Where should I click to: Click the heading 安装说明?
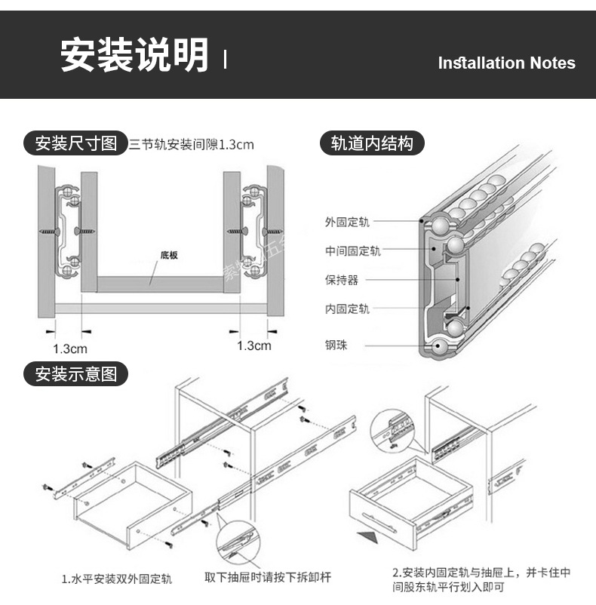[134, 55]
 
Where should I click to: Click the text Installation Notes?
[506, 63]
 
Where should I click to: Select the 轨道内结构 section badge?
[373, 143]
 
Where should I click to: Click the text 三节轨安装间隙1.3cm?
[191, 144]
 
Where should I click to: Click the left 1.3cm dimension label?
[69, 349]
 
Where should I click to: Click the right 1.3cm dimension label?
[253, 345]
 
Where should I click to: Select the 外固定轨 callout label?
[347, 223]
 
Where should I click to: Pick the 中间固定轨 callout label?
[352, 251]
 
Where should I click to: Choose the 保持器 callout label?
[342, 280]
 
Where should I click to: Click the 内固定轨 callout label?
[347, 309]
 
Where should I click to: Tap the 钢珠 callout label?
[336, 345]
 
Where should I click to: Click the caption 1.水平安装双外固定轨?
[116, 579]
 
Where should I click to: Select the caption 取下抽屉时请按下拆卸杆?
[268, 578]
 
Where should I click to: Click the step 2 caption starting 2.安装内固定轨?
[480, 579]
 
